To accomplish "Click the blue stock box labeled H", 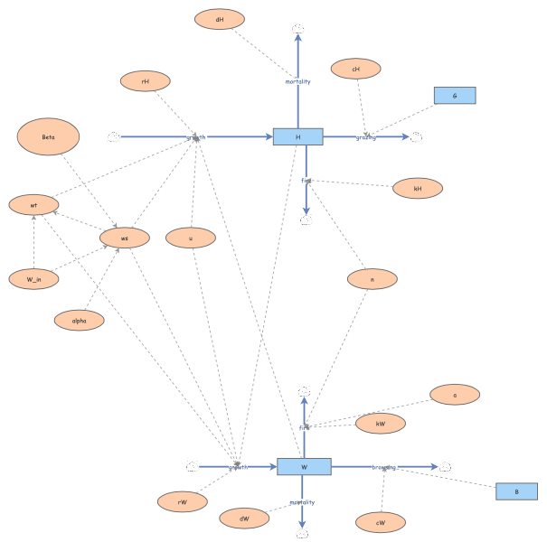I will [297, 137].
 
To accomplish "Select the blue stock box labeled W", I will [304, 467].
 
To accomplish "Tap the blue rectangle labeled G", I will [454, 95].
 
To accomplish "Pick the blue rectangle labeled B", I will [516, 491].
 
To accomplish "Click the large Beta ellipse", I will [49, 137].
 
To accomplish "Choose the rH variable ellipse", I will [146, 81].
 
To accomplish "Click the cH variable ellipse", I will [356, 69].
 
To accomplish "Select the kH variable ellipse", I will [418, 189].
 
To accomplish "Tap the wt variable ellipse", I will [34, 205].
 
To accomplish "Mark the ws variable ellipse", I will [125, 238].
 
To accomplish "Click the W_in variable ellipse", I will [34, 279].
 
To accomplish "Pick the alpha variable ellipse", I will [79, 320].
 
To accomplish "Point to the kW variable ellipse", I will [381, 423].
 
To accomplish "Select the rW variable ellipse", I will [182, 501].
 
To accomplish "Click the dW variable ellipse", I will [244, 519].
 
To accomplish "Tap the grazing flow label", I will [366, 137].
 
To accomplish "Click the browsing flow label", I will [384, 467].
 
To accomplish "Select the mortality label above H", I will [297, 81].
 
